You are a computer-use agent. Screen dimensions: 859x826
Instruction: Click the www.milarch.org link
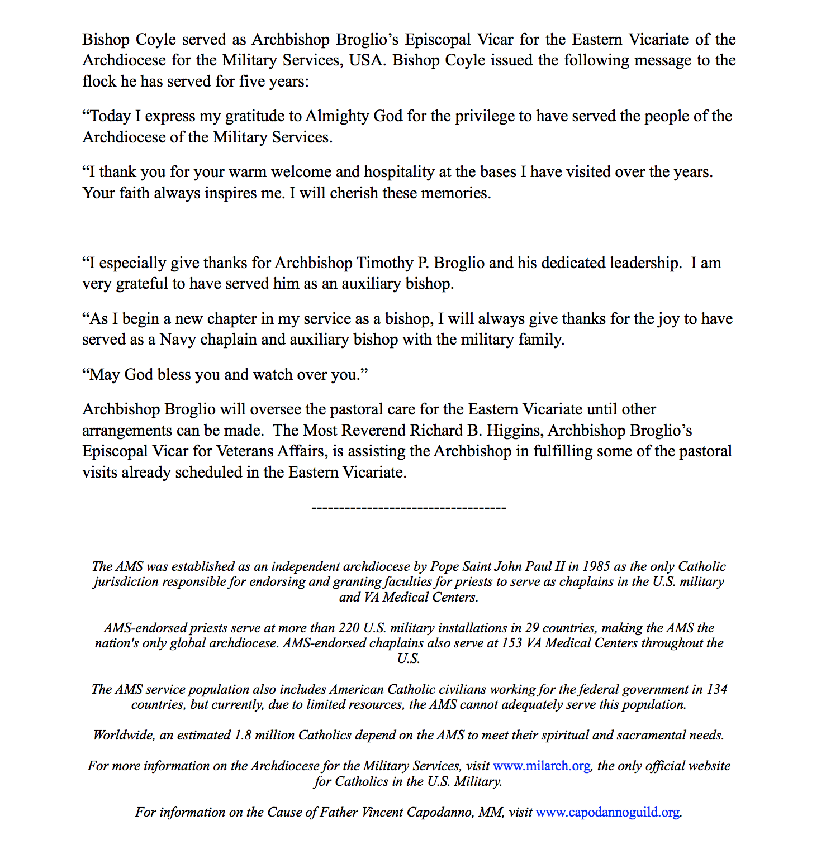click(541, 766)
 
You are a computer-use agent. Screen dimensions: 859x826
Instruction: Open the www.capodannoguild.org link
click(607, 812)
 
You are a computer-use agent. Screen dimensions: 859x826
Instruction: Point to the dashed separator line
click(409, 508)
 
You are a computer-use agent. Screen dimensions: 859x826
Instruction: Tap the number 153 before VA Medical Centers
click(511, 643)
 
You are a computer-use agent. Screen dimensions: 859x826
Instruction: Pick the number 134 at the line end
click(716, 689)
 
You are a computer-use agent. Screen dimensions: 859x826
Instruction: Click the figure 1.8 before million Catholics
click(243, 735)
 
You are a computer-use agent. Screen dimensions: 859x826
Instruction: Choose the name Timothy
click(384, 263)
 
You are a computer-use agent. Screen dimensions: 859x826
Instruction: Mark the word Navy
click(177, 340)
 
